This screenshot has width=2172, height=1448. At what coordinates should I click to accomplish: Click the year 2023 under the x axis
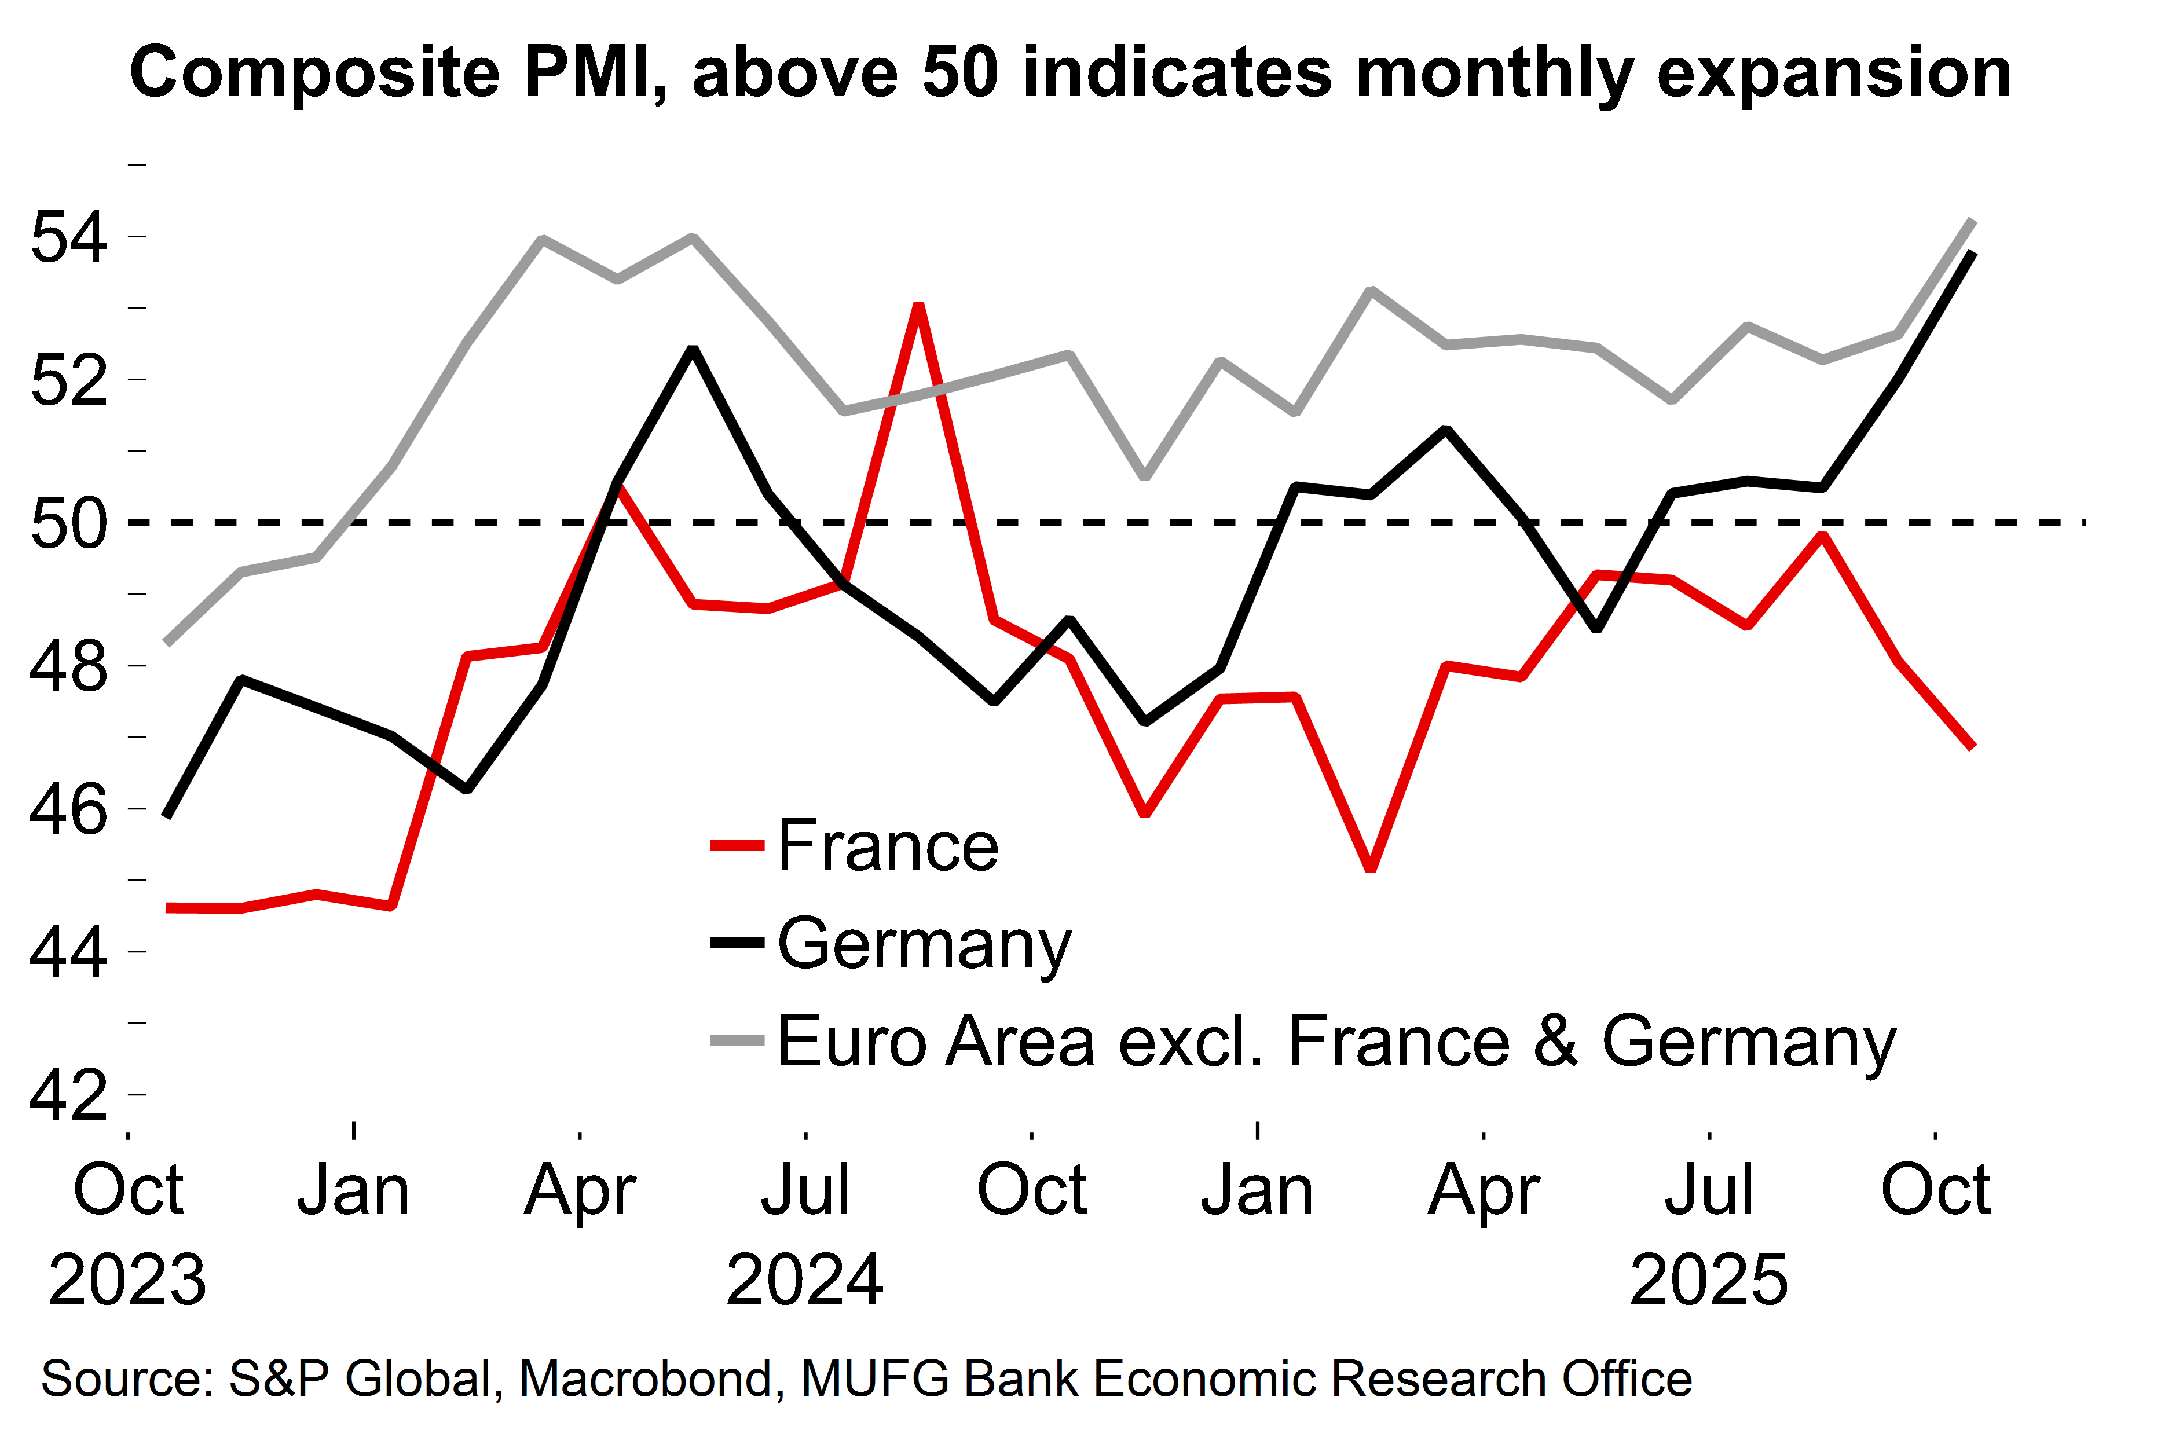pos(127,1280)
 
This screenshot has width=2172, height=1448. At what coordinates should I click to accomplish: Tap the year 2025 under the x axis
pos(1708,1280)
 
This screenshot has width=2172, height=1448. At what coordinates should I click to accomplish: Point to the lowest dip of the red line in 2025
pos(1371,868)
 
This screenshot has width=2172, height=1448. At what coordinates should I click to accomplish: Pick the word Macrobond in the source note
pos(644,1379)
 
